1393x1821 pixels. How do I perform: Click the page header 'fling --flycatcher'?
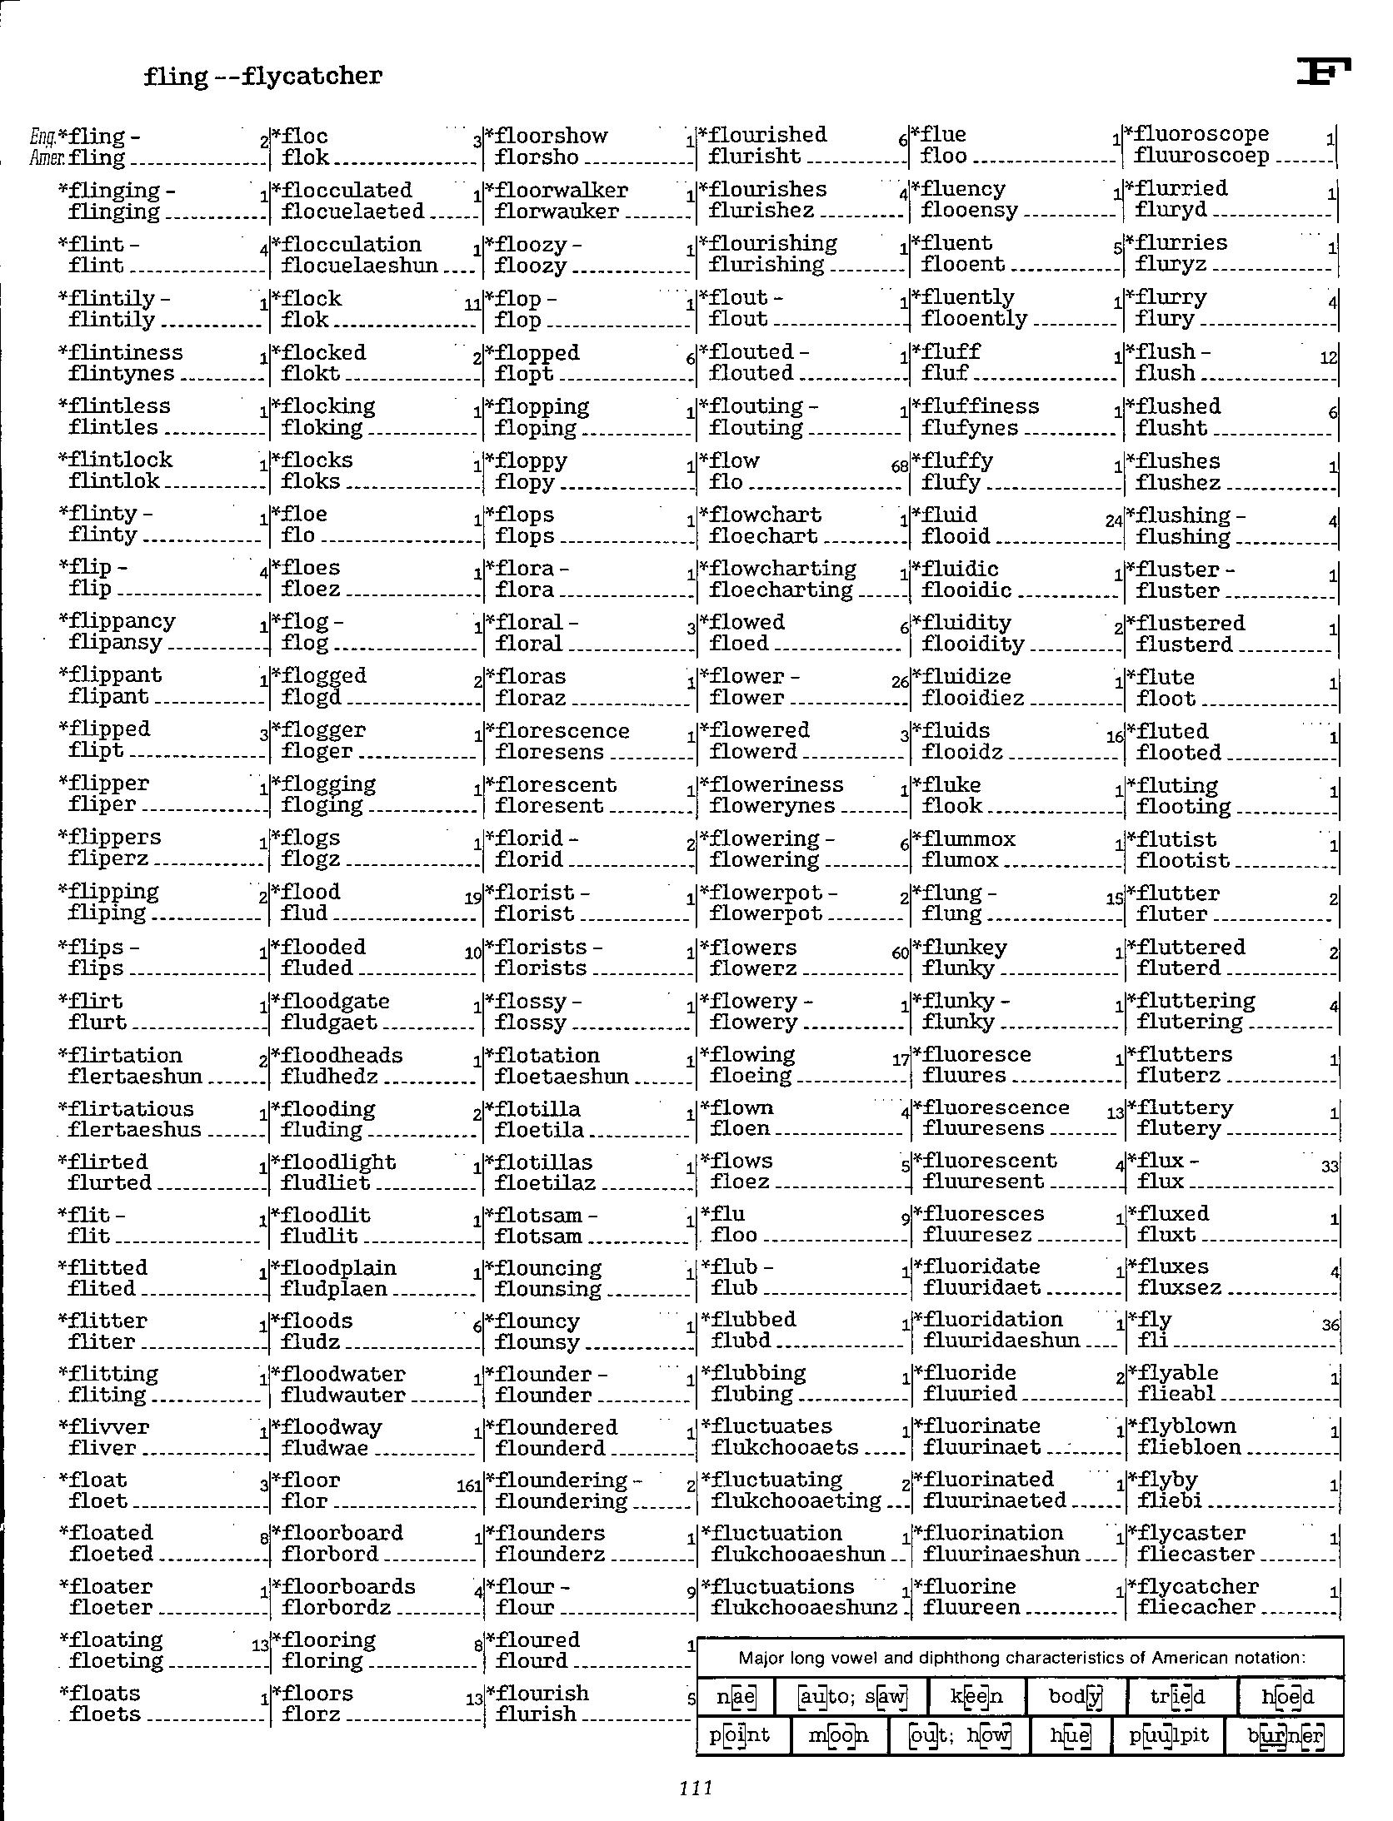pos(262,76)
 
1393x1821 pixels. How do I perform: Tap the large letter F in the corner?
pos(1323,72)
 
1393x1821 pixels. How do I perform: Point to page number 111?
pos(696,1787)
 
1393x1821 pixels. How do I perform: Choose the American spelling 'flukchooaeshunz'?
pos(804,1608)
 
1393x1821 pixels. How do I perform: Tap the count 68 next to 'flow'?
pos(899,467)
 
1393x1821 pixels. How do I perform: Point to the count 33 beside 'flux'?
pos(1329,1167)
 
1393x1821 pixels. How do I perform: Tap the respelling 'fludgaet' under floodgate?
pos(329,1022)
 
